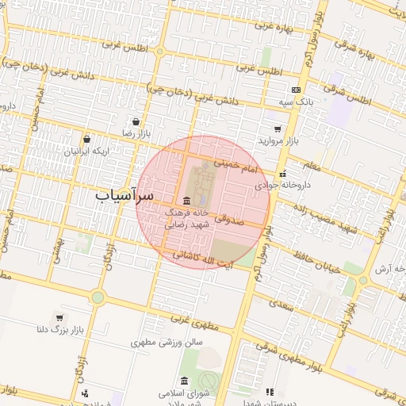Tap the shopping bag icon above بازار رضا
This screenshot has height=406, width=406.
137,123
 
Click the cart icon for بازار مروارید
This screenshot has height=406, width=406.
277,129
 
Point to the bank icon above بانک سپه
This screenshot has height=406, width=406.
296,90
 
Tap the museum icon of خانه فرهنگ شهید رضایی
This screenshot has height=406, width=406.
186,200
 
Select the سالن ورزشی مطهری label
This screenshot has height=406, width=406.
167,343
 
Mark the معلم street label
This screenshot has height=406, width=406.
311,165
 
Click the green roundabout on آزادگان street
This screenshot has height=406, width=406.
98,297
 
